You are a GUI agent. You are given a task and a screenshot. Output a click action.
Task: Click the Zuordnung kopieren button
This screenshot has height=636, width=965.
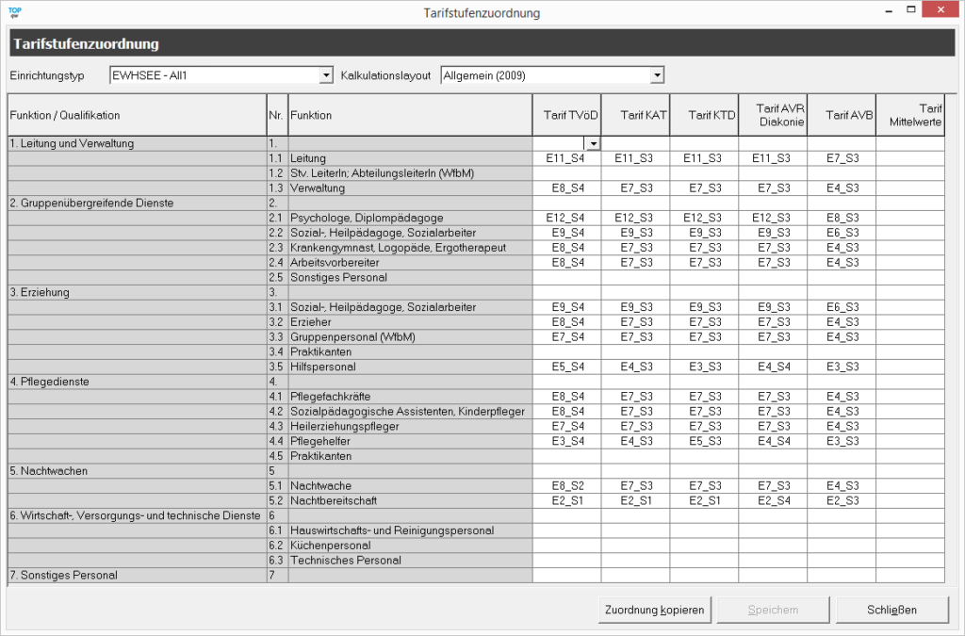pos(654,610)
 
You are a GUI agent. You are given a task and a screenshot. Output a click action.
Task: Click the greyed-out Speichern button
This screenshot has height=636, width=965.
pos(773,610)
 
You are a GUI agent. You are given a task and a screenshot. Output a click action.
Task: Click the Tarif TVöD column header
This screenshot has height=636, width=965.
pos(566,115)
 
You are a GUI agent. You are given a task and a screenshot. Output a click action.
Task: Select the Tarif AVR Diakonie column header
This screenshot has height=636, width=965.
pos(772,115)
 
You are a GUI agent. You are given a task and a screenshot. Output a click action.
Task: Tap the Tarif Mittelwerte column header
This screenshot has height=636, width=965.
pos(909,115)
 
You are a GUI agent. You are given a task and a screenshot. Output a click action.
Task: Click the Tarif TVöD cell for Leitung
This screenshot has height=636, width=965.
pos(566,158)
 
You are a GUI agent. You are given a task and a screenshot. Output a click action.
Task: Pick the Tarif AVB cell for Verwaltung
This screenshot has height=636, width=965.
pos(841,188)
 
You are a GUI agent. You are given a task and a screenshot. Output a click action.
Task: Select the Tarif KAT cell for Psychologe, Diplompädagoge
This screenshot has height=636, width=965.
pos(634,218)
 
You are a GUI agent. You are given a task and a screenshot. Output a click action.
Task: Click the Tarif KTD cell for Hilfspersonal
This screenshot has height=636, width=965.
pos(703,367)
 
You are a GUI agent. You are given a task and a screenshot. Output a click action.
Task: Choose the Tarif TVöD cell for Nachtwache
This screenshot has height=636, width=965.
pos(566,485)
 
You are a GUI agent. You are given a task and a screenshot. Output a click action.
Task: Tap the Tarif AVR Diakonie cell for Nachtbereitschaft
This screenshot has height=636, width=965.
pos(772,500)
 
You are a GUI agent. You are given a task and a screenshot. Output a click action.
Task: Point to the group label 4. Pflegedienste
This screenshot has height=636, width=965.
pos(50,382)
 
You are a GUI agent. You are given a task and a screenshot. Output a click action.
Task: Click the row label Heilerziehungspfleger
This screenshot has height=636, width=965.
pos(345,426)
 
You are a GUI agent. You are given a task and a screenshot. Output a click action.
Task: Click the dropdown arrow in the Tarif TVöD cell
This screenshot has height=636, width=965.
pos(593,143)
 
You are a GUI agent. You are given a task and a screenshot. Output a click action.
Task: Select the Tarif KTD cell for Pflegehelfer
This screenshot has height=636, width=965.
pos(703,441)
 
